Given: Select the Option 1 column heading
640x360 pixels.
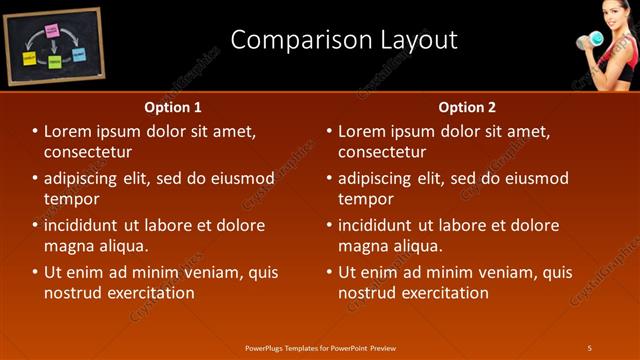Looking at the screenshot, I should coord(173,106).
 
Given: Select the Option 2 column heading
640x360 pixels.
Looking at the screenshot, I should coord(467,106).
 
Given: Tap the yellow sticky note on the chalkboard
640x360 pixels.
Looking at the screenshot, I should coord(29,59).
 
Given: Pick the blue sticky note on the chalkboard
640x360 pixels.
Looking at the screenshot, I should coord(78,54).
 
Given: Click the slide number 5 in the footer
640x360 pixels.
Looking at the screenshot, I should coord(590,347).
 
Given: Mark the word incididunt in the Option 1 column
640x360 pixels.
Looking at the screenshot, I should coord(86,225).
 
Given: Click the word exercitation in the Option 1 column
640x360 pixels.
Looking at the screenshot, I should coord(149,293).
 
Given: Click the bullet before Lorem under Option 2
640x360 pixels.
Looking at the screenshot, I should coord(330,131).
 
